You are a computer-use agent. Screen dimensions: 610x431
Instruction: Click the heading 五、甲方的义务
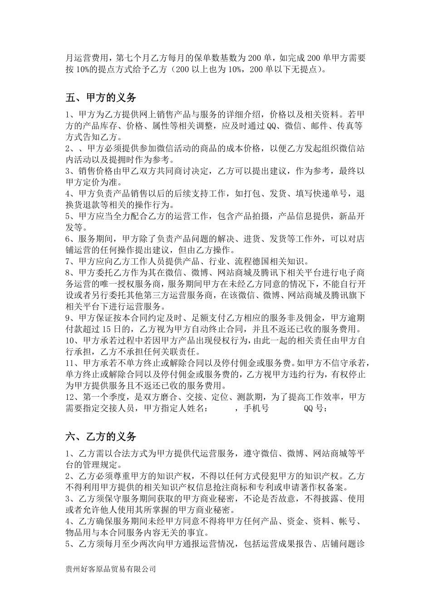[x=101, y=98]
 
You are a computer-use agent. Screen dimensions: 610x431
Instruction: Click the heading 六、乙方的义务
[x=101, y=437]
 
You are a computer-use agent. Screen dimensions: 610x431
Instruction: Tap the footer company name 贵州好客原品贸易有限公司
[x=111, y=569]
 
